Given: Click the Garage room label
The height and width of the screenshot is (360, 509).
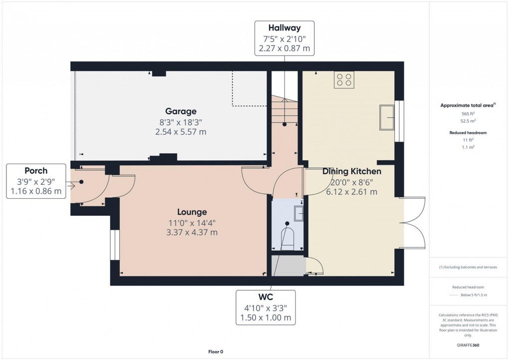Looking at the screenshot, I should pos(181,111).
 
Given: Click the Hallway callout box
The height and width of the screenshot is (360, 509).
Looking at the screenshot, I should pos(284,38).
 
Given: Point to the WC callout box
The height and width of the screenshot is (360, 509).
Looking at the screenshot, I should pos(265,307).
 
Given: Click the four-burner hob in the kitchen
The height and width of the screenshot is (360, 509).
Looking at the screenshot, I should pos(344,80).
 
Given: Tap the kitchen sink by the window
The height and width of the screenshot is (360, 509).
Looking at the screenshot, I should pos(387,117).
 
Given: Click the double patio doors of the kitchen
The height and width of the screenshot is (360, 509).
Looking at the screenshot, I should pos(414,223).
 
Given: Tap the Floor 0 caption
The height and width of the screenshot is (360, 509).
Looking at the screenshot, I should pos(216,352).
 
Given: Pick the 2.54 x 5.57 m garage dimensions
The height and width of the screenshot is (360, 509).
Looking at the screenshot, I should pos(181,132).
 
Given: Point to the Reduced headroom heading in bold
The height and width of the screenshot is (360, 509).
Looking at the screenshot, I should pos(468,133).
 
